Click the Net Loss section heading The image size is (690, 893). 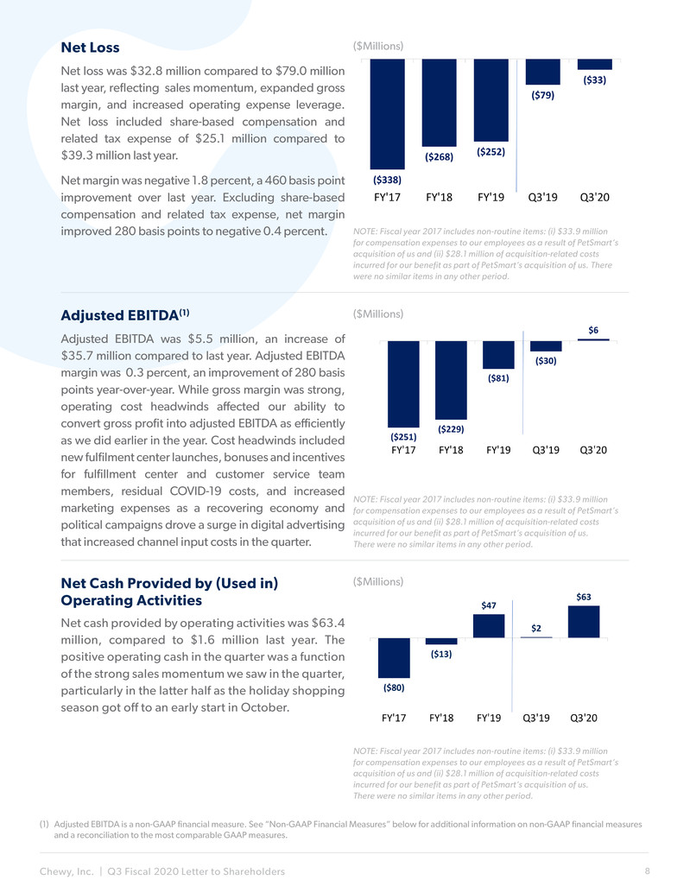(x=90, y=47)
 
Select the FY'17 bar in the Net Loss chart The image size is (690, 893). (x=387, y=114)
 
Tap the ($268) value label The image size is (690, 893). (x=439, y=156)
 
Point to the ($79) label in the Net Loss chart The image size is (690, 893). (x=542, y=95)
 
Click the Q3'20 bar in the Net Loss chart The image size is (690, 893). (x=594, y=65)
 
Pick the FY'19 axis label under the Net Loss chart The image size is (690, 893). (x=491, y=197)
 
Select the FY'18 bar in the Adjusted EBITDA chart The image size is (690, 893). (x=451, y=381)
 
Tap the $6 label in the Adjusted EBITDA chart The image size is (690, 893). (x=593, y=330)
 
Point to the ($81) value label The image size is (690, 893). (x=498, y=378)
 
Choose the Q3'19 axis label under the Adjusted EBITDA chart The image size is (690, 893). (x=546, y=450)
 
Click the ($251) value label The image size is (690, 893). (x=403, y=437)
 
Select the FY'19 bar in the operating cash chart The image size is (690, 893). (x=489, y=626)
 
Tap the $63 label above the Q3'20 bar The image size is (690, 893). (x=584, y=597)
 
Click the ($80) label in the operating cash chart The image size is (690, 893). (x=394, y=688)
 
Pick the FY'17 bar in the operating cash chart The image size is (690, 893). (x=394, y=658)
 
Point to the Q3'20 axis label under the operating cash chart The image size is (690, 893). (x=584, y=719)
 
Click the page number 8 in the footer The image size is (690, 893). (x=648, y=871)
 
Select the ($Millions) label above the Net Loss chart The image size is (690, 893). (x=378, y=46)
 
